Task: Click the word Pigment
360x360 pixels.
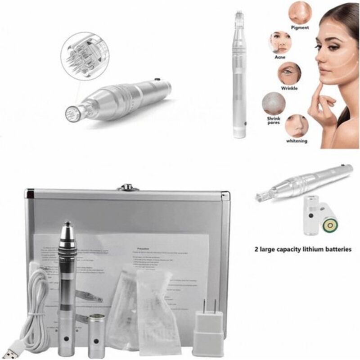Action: click(300, 27)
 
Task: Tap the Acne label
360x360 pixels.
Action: click(280, 58)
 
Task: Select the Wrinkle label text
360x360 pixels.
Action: click(289, 88)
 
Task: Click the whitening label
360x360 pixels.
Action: click(297, 141)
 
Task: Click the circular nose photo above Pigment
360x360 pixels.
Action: click(299, 13)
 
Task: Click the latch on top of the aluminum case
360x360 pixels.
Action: click(128, 187)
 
